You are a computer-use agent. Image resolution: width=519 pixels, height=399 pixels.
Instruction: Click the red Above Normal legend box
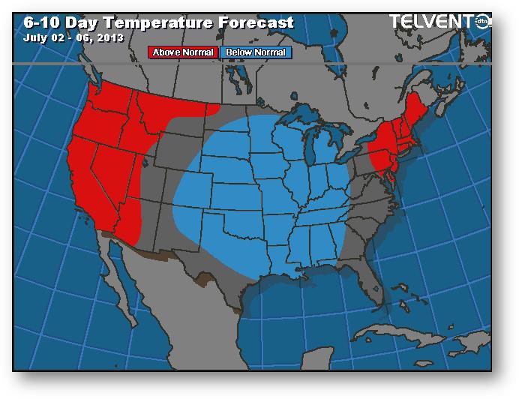coord(184,52)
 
